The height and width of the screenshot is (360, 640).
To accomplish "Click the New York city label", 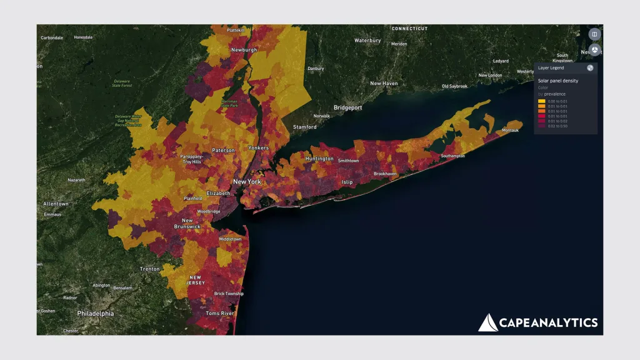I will tap(246, 182).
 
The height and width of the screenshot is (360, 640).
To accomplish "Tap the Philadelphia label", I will tap(96, 313).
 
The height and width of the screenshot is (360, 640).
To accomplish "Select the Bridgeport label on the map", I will tap(348, 107).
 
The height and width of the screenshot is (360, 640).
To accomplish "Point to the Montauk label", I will tap(510, 130).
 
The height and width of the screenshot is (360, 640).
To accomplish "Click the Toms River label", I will tap(219, 313).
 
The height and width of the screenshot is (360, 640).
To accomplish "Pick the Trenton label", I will tap(149, 269).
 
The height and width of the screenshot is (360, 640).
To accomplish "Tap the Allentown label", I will tap(56, 204).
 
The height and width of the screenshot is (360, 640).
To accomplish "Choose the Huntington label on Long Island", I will tap(319, 159).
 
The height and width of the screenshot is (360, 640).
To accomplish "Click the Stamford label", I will tap(305, 127).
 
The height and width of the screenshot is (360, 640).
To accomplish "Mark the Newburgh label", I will tap(244, 49).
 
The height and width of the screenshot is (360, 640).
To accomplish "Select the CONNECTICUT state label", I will tap(409, 29).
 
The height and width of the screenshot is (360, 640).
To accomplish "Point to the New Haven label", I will tap(384, 83).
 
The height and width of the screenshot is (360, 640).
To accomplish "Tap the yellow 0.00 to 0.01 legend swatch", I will tap(541, 101).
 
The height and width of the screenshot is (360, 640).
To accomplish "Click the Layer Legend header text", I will tap(551, 68).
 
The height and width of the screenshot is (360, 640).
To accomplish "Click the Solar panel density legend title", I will tap(557, 81).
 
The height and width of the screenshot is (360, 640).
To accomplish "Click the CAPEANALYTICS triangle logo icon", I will tap(487, 322).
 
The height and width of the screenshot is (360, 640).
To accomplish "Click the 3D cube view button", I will tap(594, 50).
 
